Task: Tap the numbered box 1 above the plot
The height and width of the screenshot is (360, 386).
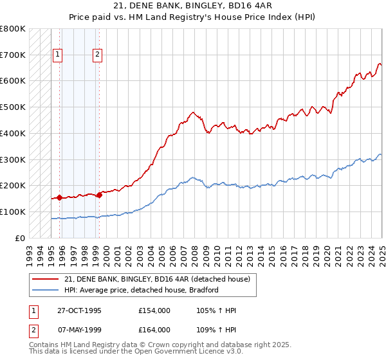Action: (58, 55)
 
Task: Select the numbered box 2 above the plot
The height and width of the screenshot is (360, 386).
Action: (97, 55)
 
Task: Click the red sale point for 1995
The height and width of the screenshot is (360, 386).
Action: (59, 197)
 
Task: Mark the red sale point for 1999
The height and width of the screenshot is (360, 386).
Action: (99, 195)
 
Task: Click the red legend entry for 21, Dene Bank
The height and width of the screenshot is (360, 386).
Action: (161, 278)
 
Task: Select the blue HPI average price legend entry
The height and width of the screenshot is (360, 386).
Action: (142, 290)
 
